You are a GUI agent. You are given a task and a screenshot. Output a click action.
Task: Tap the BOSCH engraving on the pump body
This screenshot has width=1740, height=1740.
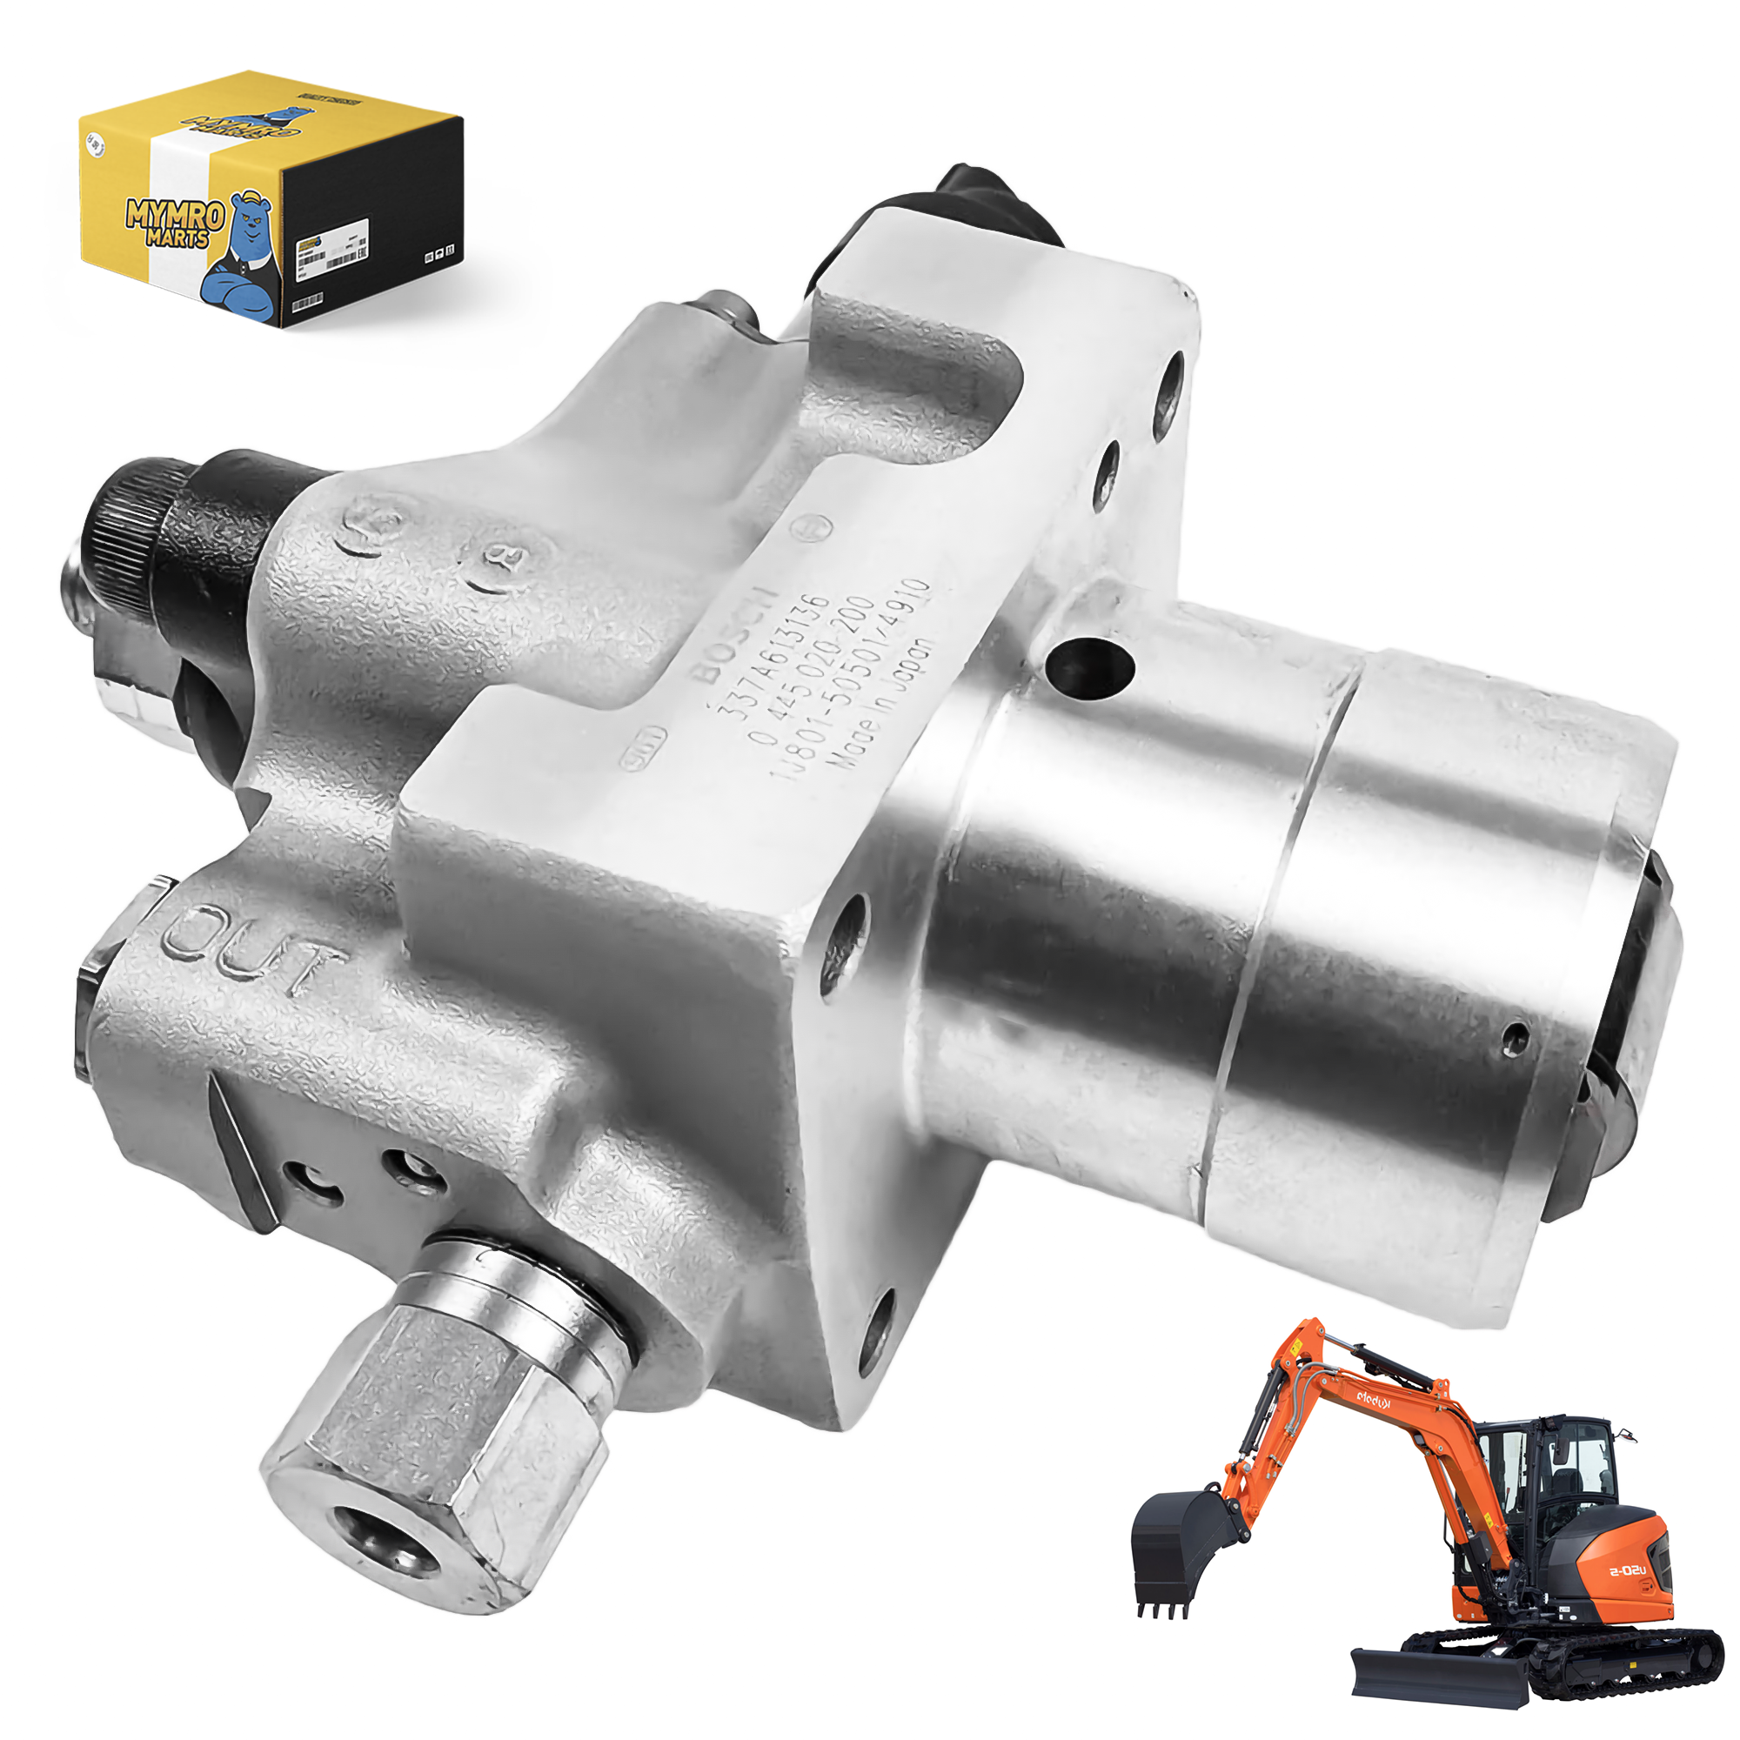pyautogui.click(x=733, y=636)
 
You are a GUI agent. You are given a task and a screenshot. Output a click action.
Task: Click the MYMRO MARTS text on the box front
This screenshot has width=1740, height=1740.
pyautogui.click(x=174, y=224)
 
